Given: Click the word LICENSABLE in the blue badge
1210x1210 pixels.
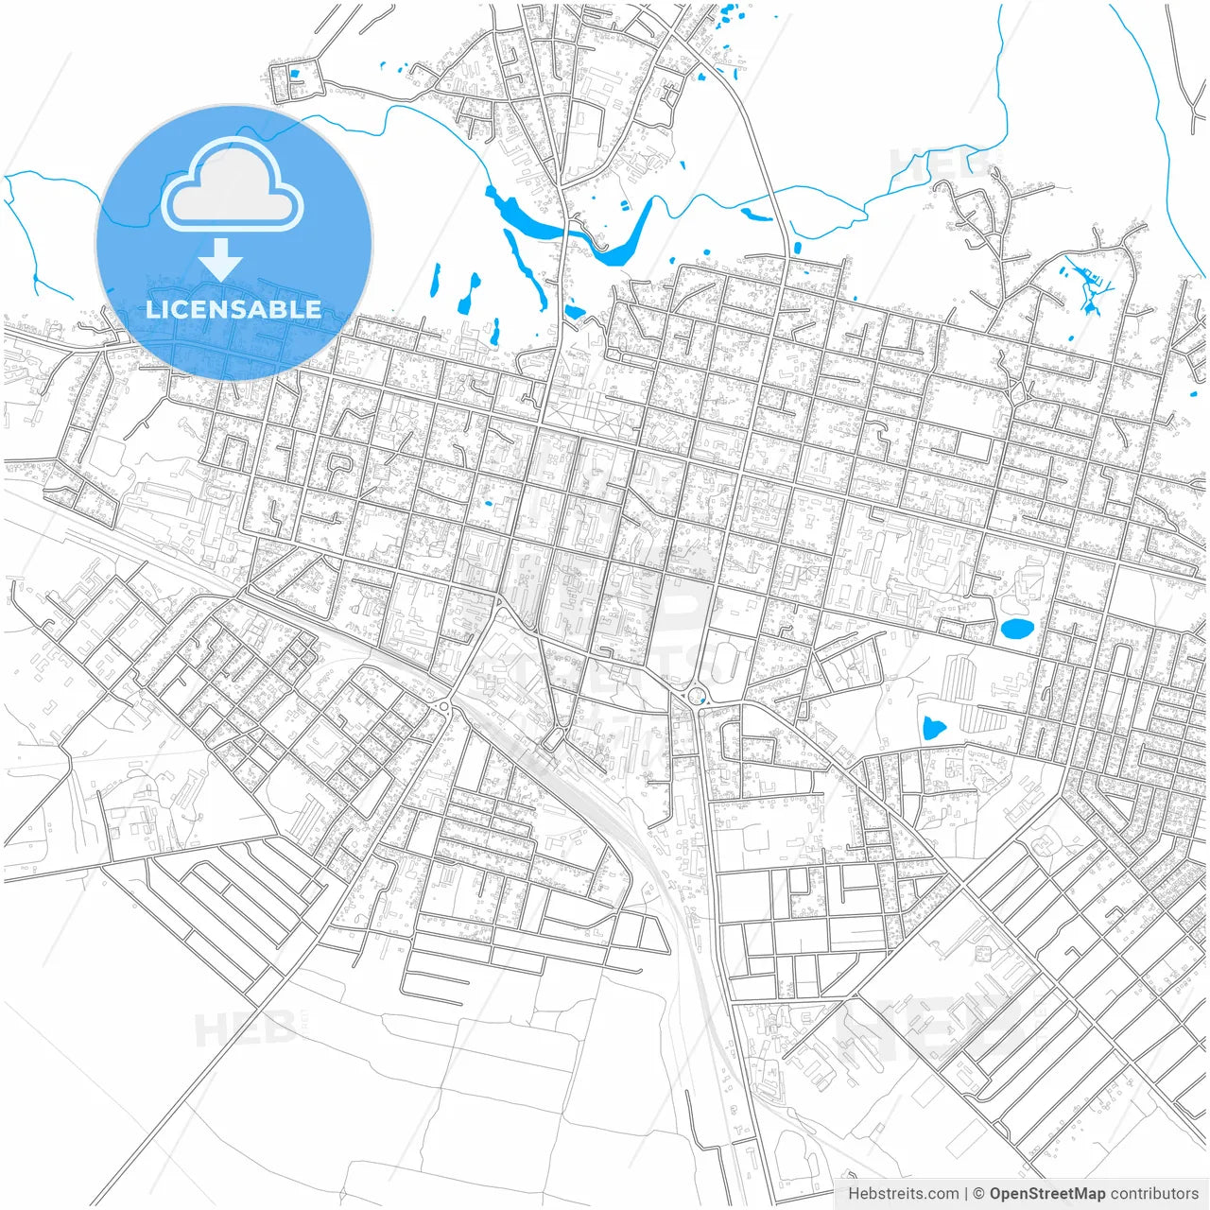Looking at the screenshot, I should tap(233, 309).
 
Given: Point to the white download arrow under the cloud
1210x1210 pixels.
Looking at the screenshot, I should tap(221, 260).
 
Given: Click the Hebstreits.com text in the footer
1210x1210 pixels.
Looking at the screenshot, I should tap(903, 1194).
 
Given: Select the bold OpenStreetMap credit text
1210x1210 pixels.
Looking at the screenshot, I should tap(1047, 1194).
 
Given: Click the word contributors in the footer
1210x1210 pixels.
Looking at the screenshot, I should tap(1154, 1194).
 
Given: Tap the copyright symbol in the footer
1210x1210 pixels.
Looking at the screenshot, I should tap(979, 1194).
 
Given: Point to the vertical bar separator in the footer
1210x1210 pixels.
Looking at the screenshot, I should tap(965, 1194).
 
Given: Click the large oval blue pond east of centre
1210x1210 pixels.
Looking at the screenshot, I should tap(1016, 629).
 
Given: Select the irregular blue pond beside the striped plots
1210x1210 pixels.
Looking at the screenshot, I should tap(933, 728).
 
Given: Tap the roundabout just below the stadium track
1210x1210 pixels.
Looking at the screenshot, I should tap(697, 697).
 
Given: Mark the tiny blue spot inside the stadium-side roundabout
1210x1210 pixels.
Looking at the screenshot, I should tap(697, 697).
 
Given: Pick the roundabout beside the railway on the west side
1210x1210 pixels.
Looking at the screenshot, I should tap(442, 706).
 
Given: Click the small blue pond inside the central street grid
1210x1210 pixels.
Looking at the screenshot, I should tap(488, 502).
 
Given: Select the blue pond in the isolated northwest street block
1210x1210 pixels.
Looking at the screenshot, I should tap(294, 74).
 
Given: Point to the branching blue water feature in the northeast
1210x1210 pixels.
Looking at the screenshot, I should tap(1089, 284).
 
